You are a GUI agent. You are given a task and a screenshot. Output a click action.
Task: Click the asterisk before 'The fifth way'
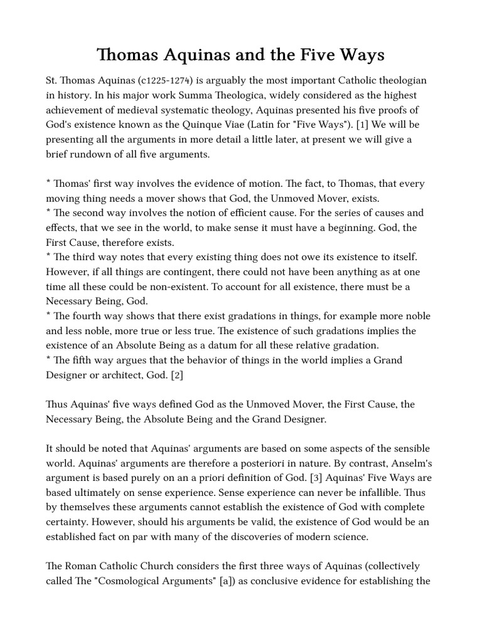(48, 360)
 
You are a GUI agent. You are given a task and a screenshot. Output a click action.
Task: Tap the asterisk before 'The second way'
(48, 213)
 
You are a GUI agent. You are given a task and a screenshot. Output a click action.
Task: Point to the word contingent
(164, 272)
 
